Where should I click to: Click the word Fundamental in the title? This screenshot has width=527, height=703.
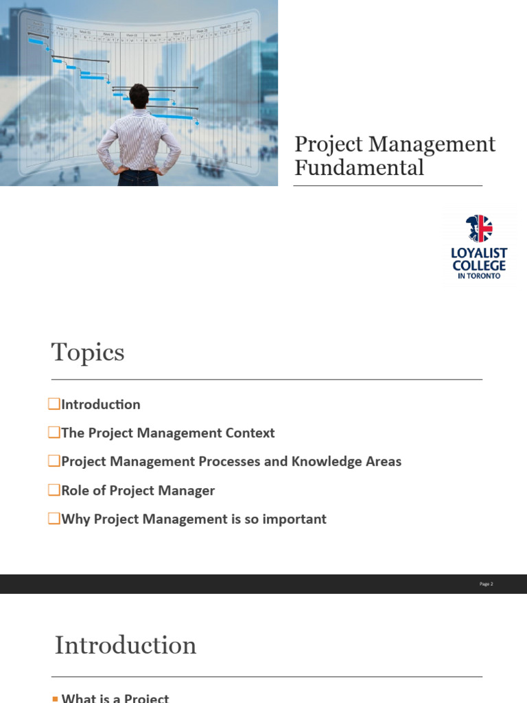point(359,167)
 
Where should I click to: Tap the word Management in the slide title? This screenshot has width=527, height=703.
point(432,144)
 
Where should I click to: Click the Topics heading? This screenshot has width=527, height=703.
point(88,352)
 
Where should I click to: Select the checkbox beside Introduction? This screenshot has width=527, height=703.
point(54,404)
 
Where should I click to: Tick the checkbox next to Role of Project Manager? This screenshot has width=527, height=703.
point(54,490)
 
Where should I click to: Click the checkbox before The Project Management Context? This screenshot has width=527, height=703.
point(54,433)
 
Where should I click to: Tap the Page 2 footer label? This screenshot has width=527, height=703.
point(486,584)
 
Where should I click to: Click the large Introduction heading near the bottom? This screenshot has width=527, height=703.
point(126,645)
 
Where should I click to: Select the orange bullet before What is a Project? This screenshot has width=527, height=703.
point(56,698)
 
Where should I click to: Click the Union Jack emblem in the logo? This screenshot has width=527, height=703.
point(479,229)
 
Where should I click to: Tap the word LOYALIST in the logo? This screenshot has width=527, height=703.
point(479,253)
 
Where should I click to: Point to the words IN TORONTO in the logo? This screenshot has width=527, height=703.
point(479,275)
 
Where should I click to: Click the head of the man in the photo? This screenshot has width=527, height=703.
point(139,95)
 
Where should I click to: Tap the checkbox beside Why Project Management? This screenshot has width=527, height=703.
point(54,519)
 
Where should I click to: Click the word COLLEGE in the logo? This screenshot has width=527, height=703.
point(479,265)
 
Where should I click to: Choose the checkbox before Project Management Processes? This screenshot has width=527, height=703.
point(54,461)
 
